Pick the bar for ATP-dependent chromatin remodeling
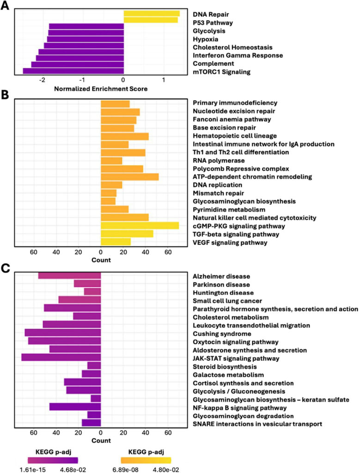(129, 176)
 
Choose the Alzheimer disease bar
(69, 275)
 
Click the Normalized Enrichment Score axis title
(101, 89)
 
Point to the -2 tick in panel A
(43, 80)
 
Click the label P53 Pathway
(213, 23)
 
